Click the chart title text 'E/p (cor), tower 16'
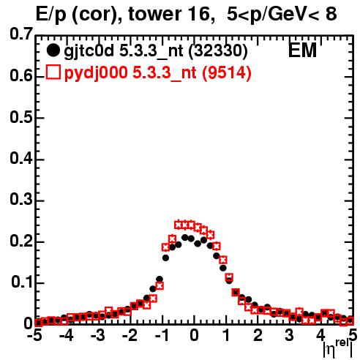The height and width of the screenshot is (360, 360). (123, 15)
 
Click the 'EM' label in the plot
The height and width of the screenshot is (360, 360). (302, 50)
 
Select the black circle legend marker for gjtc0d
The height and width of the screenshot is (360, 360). (53, 50)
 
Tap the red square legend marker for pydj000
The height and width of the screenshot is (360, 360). (53, 72)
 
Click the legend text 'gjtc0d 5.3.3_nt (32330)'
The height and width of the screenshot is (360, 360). (156, 51)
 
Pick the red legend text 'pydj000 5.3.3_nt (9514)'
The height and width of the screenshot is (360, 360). (158, 72)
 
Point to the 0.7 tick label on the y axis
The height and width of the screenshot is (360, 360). (21, 34)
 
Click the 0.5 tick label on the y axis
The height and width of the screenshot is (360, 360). (21, 117)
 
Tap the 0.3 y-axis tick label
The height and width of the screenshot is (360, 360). (21, 200)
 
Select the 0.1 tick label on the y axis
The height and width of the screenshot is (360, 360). (22, 282)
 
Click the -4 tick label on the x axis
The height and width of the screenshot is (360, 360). (67, 335)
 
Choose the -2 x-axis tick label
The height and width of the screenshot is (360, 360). (130, 335)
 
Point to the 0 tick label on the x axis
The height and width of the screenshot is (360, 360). (194, 335)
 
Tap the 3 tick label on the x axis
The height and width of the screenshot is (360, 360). (289, 335)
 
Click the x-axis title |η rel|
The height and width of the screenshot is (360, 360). (337, 348)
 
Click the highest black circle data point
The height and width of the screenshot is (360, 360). (185, 237)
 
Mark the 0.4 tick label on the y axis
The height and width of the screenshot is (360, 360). (21, 158)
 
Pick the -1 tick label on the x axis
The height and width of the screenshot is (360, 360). (162, 335)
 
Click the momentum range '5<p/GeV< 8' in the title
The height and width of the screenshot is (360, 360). (282, 14)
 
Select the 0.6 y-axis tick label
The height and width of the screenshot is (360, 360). (21, 75)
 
